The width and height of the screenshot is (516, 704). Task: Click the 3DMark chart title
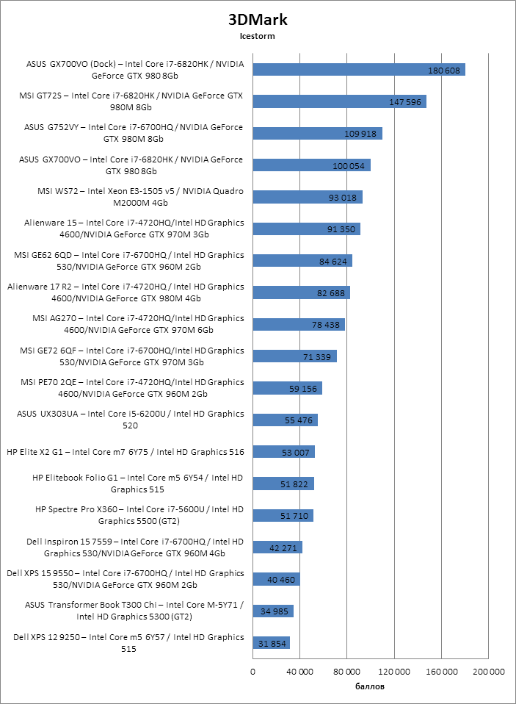point(257,20)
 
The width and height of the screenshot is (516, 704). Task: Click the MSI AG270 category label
point(128,324)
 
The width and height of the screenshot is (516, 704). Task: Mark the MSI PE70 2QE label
point(128,388)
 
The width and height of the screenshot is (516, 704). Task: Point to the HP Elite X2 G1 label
point(125,452)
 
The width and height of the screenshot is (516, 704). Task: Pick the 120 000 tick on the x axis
point(394,672)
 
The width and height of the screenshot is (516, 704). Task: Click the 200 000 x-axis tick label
point(488,672)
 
